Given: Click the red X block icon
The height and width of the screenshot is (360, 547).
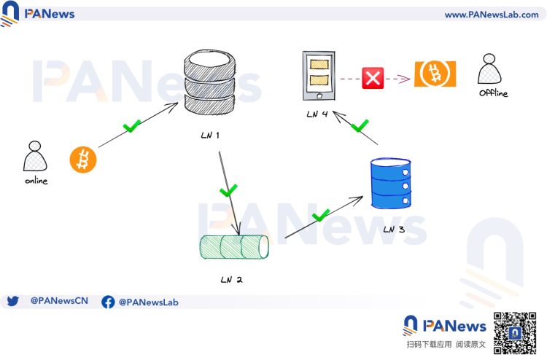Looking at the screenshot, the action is (x=373, y=78).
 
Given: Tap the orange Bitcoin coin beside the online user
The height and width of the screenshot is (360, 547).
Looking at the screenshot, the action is (x=83, y=160).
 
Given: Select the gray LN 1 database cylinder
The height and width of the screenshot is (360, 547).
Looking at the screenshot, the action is (x=209, y=82).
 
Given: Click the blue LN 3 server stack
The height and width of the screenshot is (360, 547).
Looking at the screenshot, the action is (x=391, y=184).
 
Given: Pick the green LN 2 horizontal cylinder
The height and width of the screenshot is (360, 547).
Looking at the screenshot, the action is (x=233, y=247).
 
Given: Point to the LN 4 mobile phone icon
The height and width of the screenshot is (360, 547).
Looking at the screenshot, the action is (x=319, y=76).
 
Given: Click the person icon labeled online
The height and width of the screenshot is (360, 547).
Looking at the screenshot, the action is (x=35, y=156).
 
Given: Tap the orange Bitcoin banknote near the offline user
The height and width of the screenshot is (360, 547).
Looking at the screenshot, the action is (x=435, y=74).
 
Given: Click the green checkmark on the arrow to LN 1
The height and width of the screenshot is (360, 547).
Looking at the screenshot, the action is (x=131, y=126).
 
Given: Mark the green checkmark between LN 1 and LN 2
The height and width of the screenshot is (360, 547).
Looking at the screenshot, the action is (x=228, y=190).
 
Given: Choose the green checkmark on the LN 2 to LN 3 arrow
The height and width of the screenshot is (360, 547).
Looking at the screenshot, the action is (x=321, y=216).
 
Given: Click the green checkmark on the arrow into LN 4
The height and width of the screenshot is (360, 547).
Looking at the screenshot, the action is (x=360, y=126).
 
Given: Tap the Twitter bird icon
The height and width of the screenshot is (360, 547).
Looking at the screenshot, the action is (x=12, y=301).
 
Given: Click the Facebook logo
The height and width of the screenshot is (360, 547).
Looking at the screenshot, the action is (x=108, y=302).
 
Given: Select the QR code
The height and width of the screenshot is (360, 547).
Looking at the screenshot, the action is (x=515, y=333).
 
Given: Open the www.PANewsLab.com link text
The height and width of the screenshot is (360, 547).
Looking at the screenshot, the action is (x=492, y=15).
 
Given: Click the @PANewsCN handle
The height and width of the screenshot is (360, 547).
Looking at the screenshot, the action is (x=59, y=301).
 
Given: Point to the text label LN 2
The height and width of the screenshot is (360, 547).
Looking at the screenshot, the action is (x=231, y=280).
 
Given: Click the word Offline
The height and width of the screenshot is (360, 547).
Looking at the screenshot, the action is (x=493, y=93).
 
